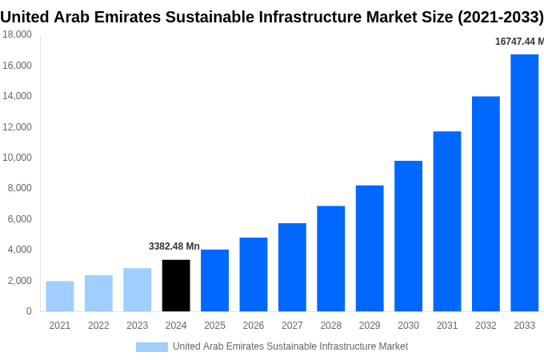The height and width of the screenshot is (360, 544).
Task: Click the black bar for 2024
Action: [x=176, y=286]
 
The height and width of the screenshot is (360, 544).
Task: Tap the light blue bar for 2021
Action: [x=60, y=296]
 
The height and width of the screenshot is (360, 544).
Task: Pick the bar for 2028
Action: [x=330, y=258]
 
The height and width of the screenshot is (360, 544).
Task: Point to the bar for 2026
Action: [x=254, y=274]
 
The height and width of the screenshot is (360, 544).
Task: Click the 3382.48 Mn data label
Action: [x=174, y=246]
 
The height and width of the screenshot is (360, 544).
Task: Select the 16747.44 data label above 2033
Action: [x=518, y=42]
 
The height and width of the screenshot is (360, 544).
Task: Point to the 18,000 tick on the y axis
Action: [x=17, y=34]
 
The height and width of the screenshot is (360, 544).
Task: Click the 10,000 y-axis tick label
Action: [x=17, y=158]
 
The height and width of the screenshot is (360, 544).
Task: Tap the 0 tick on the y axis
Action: [x=29, y=311]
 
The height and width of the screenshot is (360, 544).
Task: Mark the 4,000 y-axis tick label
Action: [x=19, y=250]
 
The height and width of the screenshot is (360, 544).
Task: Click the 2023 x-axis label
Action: [x=137, y=326]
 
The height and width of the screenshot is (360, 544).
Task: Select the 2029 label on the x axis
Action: [x=370, y=326]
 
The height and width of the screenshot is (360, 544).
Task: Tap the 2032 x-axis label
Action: [x=486, y=326]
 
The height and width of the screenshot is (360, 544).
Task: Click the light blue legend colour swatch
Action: [x=152, y=346]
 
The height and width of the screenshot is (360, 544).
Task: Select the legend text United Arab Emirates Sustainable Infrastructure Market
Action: [x=290, y=346]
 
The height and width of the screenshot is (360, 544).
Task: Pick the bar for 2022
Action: [x=98, y=293]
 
